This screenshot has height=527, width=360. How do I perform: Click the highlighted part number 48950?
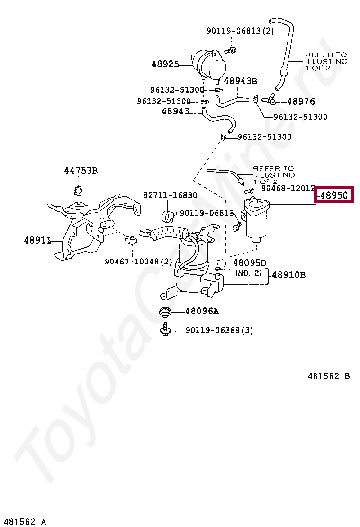click(x=334, y=195)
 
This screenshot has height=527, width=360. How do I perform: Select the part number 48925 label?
click(x=165, y=64)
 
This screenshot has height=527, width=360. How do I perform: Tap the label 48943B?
click(x=240, y=81)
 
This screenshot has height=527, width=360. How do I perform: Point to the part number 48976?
click(x=301, y=101)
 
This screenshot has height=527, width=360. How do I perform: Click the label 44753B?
click(x=81, y=171)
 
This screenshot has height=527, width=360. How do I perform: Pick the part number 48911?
click(x=37, y=240)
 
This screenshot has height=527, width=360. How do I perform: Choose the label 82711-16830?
click(x=171, y=195)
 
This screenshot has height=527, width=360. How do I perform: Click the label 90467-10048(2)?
click(x=139, y=261)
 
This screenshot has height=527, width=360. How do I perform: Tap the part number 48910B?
click(x=288, y=274)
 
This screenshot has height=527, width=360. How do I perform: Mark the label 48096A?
click(x=202, y=311)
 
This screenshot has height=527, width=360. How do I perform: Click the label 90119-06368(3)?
click(x=219, y=330)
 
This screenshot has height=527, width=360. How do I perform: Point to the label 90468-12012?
click(x=288, y=188)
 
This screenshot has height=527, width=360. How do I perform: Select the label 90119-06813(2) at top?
click(x=240, y=31)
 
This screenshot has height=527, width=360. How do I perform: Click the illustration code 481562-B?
click(x=328, y=376)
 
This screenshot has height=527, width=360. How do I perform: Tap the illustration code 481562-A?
click(x=24, y=522)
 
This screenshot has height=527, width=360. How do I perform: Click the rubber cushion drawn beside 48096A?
click(x=165, y=312)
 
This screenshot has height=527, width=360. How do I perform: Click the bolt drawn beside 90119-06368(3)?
click(x=165, y=329)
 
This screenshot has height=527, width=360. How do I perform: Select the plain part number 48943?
click(x=175, y=111)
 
